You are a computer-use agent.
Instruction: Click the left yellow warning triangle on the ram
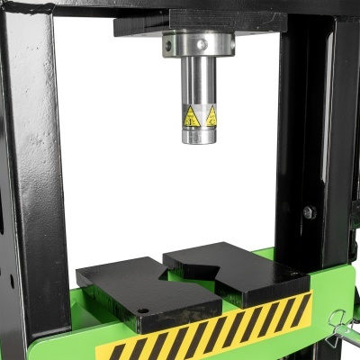(190, 116)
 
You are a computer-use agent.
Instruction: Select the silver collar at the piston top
(198, 44)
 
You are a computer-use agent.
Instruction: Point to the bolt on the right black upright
(309, 212)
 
